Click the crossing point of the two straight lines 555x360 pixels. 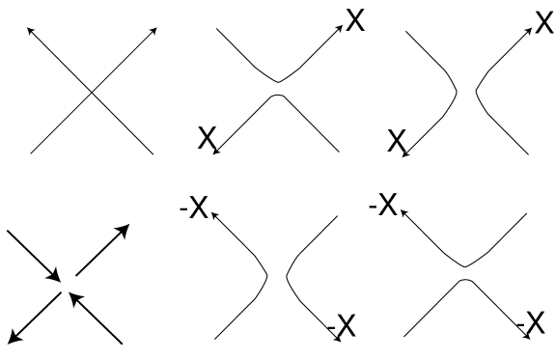coord(92,92)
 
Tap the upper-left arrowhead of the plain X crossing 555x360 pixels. coord(29,30)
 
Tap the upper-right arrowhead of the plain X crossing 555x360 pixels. coord(154,30)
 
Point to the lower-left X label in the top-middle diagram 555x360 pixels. coord(206,139)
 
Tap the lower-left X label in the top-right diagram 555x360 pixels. coord(396,141)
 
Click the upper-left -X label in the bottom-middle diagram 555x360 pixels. coord(195,208)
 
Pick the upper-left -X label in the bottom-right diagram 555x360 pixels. coord(384,206)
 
